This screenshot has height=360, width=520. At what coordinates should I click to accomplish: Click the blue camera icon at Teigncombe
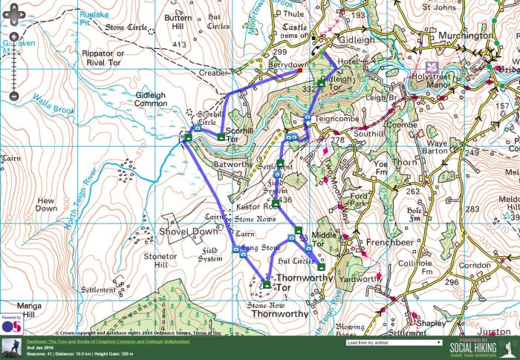point(307,118)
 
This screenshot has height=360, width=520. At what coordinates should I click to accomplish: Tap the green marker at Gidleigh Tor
point(321,82)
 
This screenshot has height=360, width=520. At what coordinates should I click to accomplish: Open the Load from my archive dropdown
point(394,343)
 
